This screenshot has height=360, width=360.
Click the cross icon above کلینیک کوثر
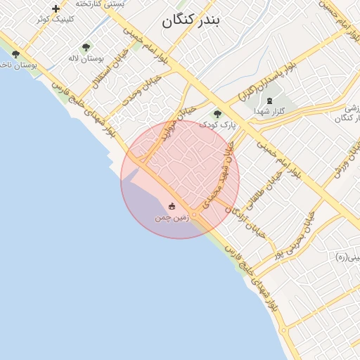point(56,8)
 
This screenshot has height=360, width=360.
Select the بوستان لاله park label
point(86,58)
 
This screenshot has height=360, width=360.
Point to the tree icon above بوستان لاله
point(86,47)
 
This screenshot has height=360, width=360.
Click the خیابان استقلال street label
point(113,70)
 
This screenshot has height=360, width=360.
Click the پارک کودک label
point(217,124)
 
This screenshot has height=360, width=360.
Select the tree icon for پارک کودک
point(217,113)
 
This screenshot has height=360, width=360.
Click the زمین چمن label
point(172,218)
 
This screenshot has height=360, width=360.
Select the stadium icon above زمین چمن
point(172,207)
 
